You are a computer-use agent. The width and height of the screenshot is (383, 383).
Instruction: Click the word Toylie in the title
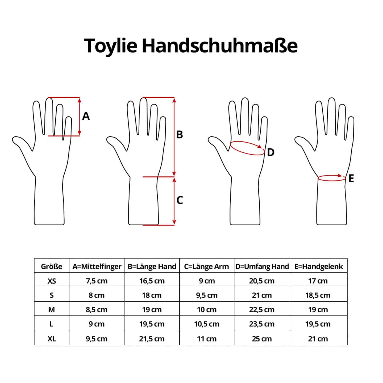(x=111, y=46)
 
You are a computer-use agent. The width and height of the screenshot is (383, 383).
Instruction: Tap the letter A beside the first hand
(x=86, y=116)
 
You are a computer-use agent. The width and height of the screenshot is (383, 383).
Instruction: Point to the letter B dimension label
(x=179, y=135)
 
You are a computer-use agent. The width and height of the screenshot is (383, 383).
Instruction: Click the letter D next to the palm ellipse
(x=270, y=152)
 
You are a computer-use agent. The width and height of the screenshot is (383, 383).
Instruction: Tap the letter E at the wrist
(x=351, y=178)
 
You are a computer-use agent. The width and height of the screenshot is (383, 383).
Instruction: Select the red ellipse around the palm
(x=247, y=155)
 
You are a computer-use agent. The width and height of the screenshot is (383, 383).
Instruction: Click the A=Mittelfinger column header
(x=97, y=267)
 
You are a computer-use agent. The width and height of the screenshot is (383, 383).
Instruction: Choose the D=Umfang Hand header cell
(x=262, y=267)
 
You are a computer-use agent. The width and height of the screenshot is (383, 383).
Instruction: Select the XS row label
(x=52, y=281)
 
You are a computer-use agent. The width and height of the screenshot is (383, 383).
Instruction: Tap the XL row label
(x=52, y=339)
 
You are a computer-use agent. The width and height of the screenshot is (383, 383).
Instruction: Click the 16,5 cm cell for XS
(x=152, y=281)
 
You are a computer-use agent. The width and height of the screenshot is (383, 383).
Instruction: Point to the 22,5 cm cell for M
(x=262, y=310)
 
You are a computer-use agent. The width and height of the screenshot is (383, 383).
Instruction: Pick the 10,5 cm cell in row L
(x=207, y=324)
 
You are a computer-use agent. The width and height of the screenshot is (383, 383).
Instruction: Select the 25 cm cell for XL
(x=262, y=339)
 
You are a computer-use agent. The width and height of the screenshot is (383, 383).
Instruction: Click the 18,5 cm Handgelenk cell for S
(x=318, y=295)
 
